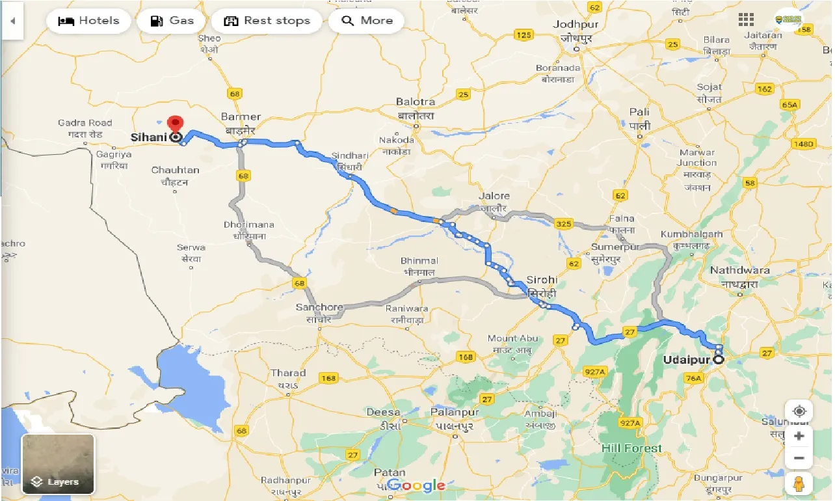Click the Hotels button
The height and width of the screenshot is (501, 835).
coord(89,21)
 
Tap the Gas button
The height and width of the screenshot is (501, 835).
coord(172,21)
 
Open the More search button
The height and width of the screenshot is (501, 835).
coord(367,21)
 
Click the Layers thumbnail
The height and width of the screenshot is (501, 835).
coord(58,464)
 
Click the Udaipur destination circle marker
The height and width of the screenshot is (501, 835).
coord(719,359)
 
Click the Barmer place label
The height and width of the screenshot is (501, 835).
coord(241,117)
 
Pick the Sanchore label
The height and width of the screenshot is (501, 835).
coord(319,307)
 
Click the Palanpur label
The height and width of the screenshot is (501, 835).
coord(454,412)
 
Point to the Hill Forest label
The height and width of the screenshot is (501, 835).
coord(631,448)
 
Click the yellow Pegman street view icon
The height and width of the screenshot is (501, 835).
coord(799,483)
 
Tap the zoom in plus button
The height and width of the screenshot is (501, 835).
coord(799,435)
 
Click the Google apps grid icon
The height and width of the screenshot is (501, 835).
coord(746,20)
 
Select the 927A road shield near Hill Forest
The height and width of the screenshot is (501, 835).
coord(630,424)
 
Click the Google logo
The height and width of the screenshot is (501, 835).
coord(416,485)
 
